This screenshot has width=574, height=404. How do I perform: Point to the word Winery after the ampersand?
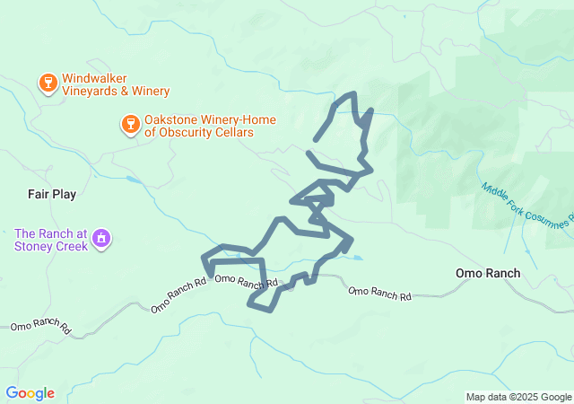150,92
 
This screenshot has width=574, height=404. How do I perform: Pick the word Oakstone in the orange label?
172,119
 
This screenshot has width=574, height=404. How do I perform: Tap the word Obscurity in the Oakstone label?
187,133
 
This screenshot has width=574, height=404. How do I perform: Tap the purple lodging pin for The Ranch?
102,239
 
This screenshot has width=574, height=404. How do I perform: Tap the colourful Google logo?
30,393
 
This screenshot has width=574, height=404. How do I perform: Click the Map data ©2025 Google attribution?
517,397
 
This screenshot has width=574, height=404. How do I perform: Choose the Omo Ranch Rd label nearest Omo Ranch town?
379,293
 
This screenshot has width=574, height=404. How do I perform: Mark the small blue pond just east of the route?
358,259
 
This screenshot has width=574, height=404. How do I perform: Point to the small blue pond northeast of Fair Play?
134,180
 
